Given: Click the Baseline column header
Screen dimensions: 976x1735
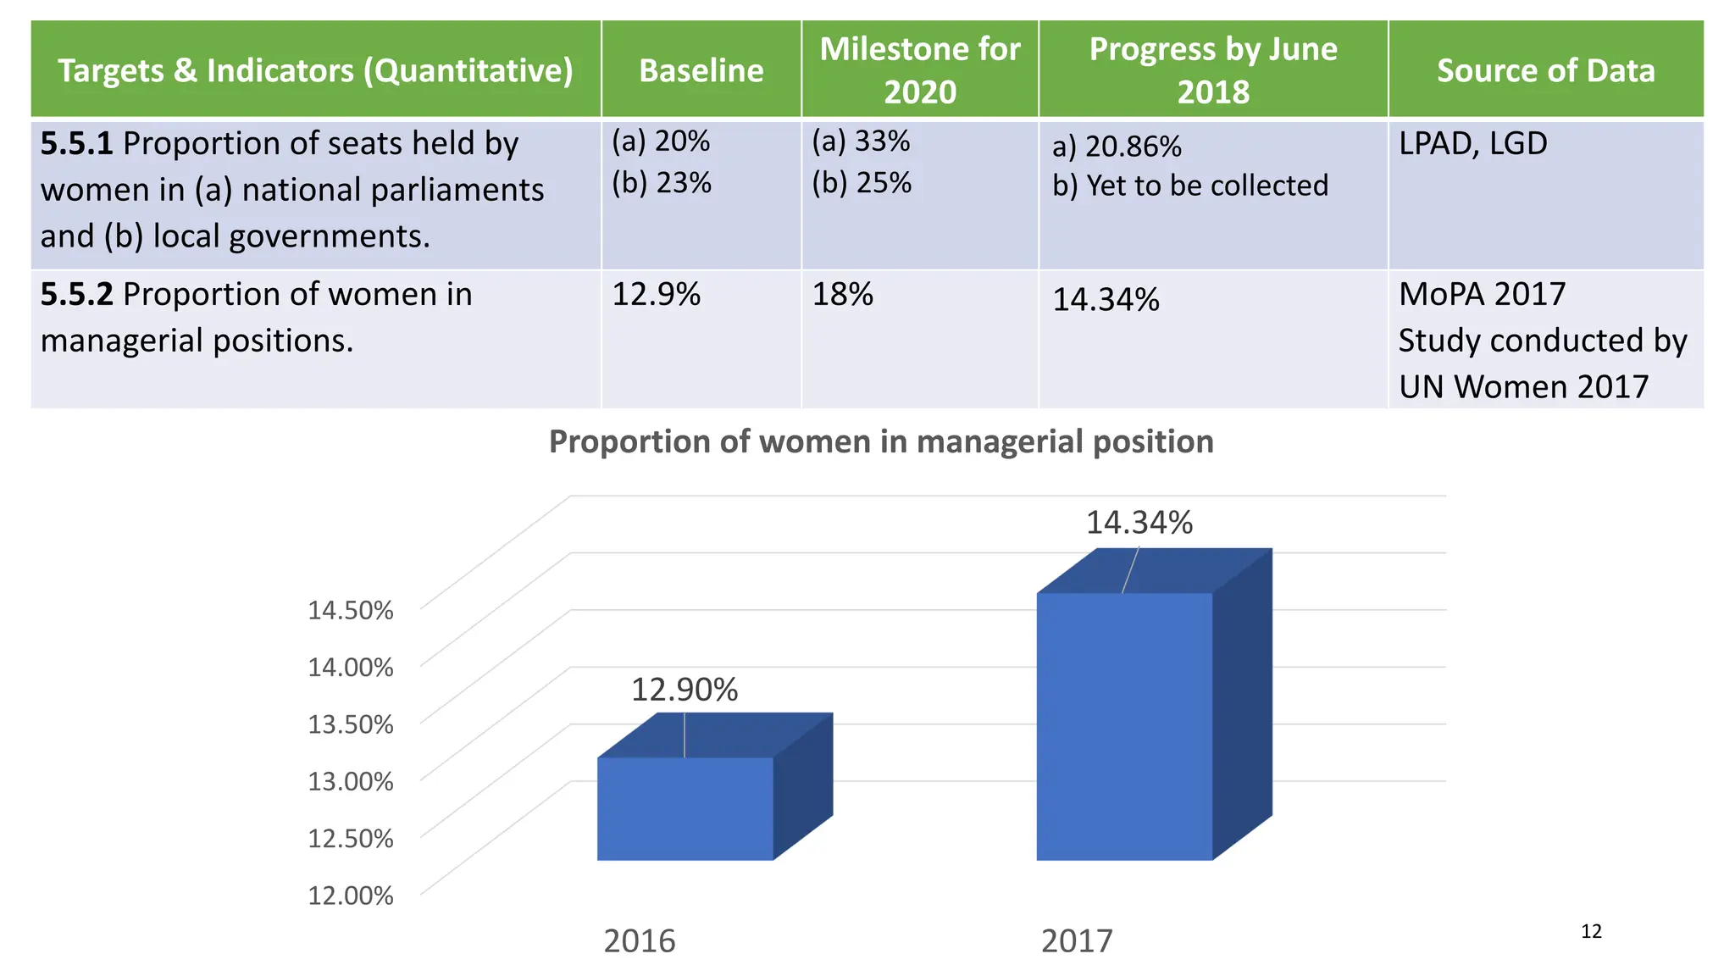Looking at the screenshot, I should [x=701, y=70].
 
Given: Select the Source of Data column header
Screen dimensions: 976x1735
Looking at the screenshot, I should [x=1545, y=70].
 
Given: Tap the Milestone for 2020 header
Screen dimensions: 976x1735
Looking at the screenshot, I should [x=919, y=70].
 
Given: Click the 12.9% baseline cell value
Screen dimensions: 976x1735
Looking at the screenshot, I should [x=656, y=295].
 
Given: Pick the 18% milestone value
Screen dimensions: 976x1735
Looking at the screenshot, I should [x=842, y=295].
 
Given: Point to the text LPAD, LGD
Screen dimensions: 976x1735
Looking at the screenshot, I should [x=1472, y=144].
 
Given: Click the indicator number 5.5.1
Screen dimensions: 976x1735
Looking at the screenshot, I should [x=76, y=144].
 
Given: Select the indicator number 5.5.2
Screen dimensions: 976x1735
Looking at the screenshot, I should [x=76, y=295].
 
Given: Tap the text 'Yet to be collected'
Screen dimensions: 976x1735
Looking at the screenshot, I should [x=1206, y=186].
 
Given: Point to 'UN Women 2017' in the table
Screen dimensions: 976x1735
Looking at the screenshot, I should [x=1523, y=387].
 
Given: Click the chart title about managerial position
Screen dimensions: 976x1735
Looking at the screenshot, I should [x=881, y=442].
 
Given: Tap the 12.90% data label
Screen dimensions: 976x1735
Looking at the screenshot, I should [x=685, y=690].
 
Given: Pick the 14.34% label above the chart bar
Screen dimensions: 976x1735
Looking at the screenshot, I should [x=1139, y=523].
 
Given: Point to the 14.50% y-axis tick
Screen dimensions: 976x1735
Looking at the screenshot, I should [x=350, y=610].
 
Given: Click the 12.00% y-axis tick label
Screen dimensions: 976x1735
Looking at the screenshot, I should [x=350, y=896].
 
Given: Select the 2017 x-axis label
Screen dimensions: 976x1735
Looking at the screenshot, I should [x=1077, y=941].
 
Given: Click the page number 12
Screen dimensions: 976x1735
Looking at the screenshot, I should [x=1591, y=932].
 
